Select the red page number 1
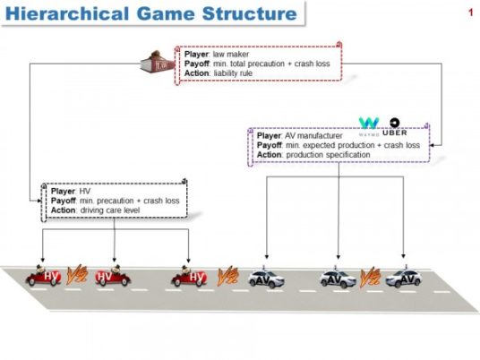pyautogui.click(x=469, y=13)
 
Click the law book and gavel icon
pyautogui.click(x=159, y=62)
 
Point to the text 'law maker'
pyautogui.click(x=230, y=54)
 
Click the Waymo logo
pyautogui.click(x=369, y=123)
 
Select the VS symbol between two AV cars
pyautogui.click(x=368, y=274)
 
